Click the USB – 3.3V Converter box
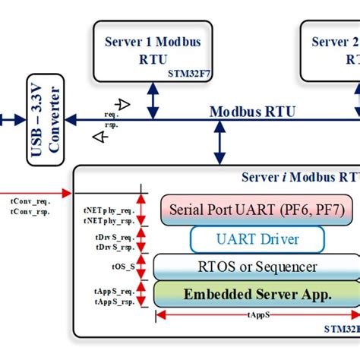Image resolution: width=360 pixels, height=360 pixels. (x=45, y=120)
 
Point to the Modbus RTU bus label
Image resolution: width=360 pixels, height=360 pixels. (x=252, y=112)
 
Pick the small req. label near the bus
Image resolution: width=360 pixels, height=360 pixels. (x=112, y=115)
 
